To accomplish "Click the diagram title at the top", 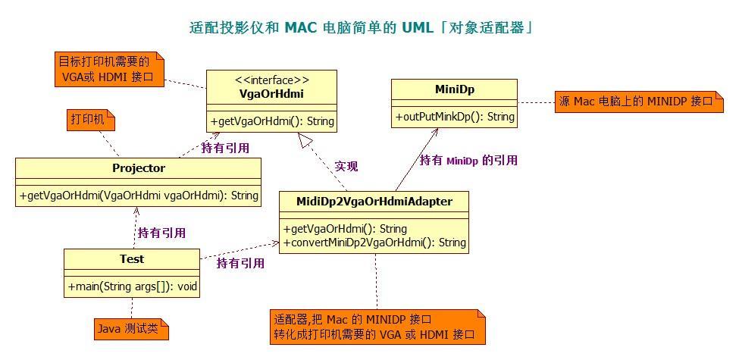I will [361, 28].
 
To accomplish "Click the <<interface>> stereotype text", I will [271, 80].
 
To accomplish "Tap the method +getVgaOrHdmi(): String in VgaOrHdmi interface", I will [271, 121].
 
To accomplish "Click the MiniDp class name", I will [454, 89].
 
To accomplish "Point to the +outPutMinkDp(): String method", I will [454, 117].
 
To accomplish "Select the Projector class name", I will [138, 168].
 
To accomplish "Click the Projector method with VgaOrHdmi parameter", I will [138, 196].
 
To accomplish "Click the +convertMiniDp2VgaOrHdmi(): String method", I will [374, 243].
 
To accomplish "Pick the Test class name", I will [131, 259].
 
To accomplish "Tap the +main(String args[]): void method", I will [131, 286].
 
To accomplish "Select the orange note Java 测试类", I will [130, 329].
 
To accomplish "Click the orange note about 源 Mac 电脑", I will [637, 102].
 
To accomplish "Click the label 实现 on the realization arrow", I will [346, 166].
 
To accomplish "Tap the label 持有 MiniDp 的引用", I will [468, 160].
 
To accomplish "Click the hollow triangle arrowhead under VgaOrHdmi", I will [305, 139].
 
